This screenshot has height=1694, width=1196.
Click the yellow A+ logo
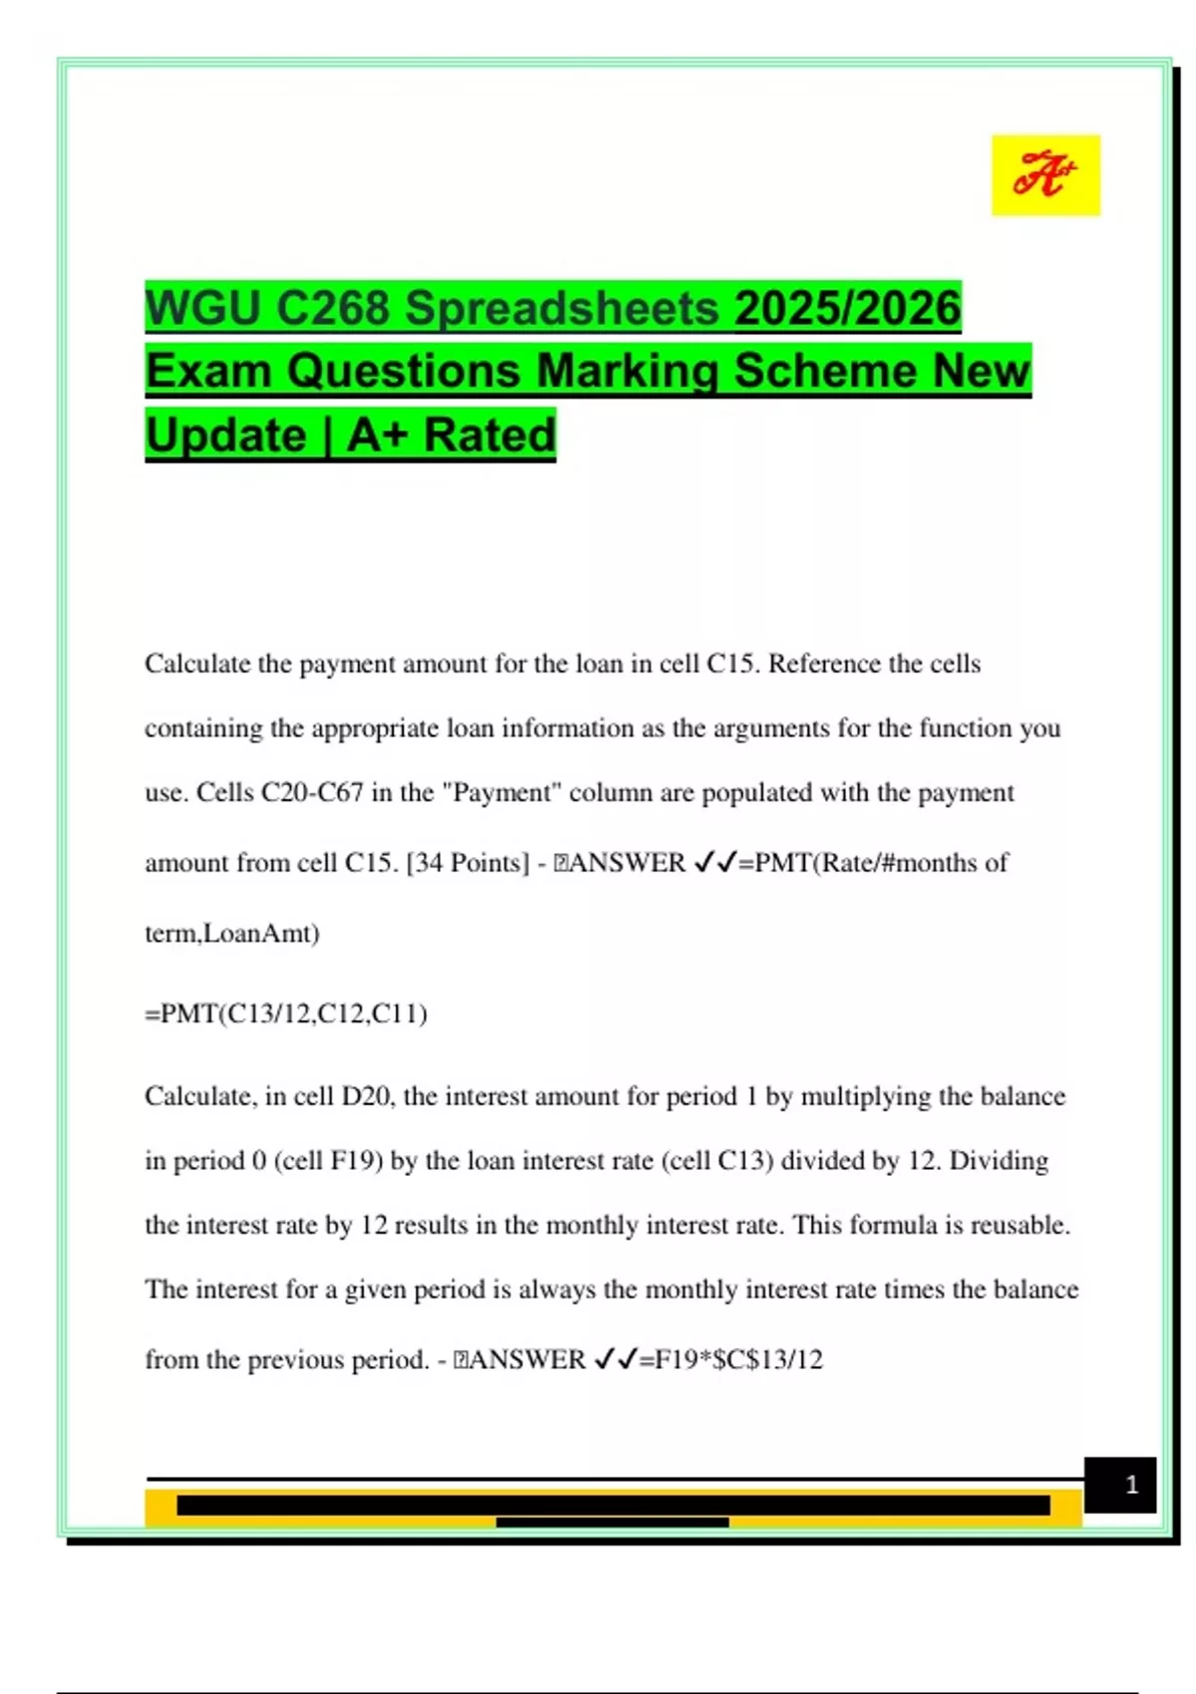point(1045,175)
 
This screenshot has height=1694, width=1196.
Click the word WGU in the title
point(202,308)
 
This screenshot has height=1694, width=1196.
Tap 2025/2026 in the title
point(847,308)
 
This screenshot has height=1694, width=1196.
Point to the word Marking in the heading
point(627,372)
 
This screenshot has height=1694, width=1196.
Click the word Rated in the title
point(489,435)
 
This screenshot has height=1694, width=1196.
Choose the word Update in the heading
point(225,435)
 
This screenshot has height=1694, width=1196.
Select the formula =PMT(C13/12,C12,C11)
point(286,1013)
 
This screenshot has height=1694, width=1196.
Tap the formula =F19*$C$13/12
point(731,1359)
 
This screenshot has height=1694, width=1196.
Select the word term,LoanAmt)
point(232,934)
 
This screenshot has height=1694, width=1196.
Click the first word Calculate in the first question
point(197,664)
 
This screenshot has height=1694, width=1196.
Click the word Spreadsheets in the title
point(561,308)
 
